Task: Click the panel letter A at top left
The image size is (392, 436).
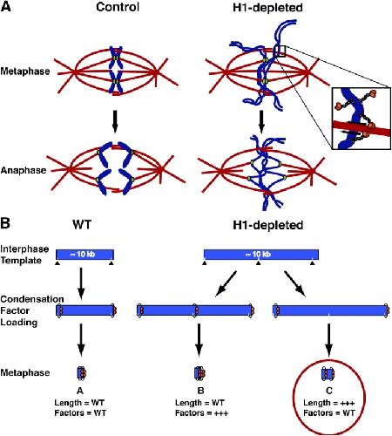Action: click(6, 6)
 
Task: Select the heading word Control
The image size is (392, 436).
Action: click(118, 7)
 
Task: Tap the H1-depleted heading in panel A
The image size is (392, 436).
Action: click(267, 8)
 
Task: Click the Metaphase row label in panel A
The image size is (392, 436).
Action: click(25, 72)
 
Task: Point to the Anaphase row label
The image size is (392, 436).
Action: click(24, 170)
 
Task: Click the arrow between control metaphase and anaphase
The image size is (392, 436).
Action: click(115, 121)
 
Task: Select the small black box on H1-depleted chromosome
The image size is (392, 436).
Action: click(280, 51)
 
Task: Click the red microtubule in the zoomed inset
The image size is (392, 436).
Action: click(362, 129)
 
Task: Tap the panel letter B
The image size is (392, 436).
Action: click(5, 224)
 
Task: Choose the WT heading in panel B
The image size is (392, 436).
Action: click(82, 225)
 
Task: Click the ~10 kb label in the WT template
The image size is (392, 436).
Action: click(82, 255)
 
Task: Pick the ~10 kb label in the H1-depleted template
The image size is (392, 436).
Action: click(258, 255)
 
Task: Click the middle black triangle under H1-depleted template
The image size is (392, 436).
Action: click(258, 263)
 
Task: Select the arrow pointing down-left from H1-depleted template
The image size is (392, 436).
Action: click(226, 284)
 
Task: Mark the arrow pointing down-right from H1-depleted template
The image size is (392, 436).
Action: click(295, 284)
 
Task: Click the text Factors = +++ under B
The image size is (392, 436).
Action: click(201, 413)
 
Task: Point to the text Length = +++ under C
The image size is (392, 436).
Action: click(329, 403)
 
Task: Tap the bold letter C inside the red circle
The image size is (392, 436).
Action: click(329, 391)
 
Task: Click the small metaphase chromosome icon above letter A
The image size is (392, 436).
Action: click(82, 373)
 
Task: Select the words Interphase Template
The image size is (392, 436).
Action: click(24, 255)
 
